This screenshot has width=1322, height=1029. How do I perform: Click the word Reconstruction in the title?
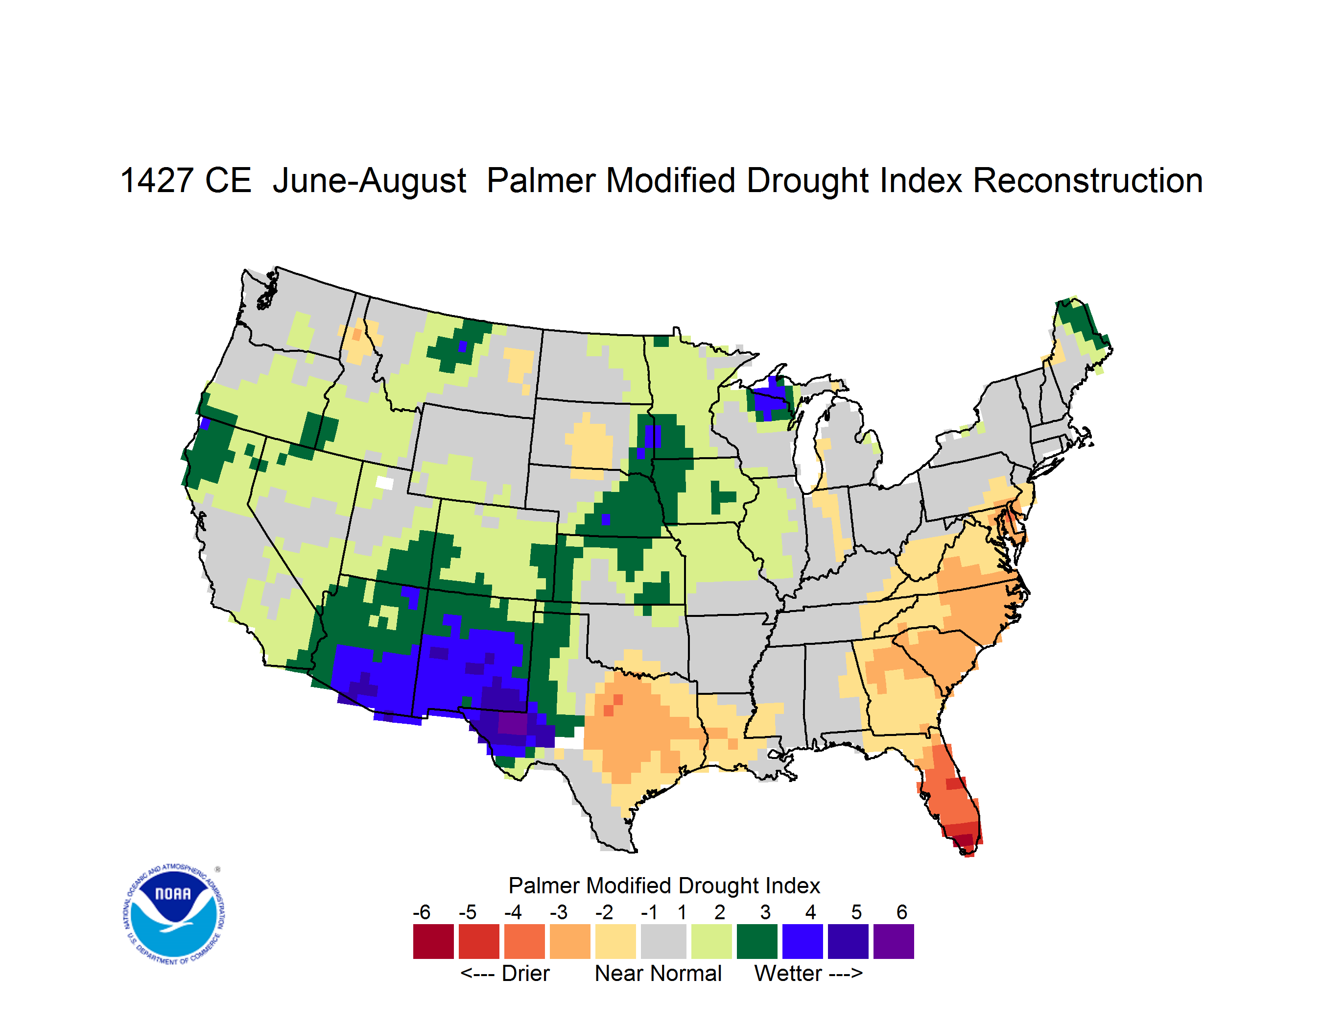pyautogui.click(x=1088, y=180)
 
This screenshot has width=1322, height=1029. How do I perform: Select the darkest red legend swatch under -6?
pyautogui.click(x=433, y=941)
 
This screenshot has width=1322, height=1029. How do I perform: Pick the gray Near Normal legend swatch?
pyautogui.click(x=663, y=941)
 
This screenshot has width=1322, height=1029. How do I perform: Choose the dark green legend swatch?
pyautogui.click(x=756, y=941)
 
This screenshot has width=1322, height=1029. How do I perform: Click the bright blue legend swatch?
pyautogui.click(x=803, y=941)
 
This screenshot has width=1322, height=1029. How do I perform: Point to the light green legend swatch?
pyautogui.click(x=711, y=941)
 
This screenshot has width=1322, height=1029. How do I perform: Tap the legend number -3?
pyautogui.click(x=558, y=912)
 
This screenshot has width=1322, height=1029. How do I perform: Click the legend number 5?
pyautogui.click(x=856, y=912)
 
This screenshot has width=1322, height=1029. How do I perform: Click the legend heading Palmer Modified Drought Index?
pyautogui.click(x=664, y=885)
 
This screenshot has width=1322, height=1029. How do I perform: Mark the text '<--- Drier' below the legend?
pyautogui.click(x=505, y=973)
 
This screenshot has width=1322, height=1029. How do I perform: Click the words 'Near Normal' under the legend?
pyautogui.click(x=658, y=973)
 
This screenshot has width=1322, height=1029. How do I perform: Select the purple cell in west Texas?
pyautogui.click(x=512, y=723)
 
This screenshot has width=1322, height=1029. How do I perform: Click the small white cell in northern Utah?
pyautogui.click(x=384, y=483)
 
